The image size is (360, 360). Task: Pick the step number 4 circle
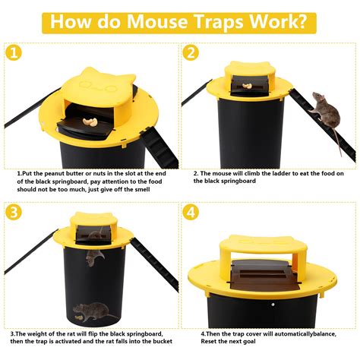pyautogui.click(x=190, y=212)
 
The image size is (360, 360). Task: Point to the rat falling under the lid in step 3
pyautogui.click(x=93, y=257)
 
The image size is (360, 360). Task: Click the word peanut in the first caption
pyautogui.click(x=49, y=174)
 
